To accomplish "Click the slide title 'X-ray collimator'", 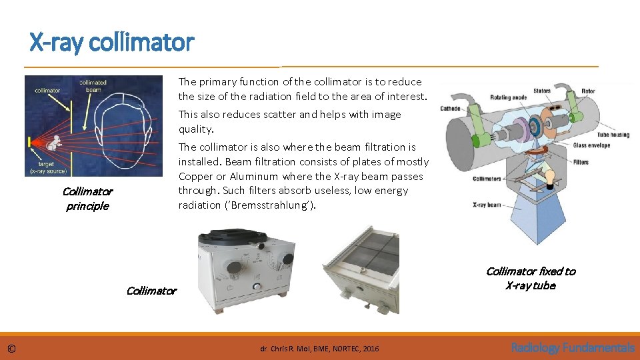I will click(111, 43).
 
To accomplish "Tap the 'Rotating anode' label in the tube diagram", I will click(509, 98).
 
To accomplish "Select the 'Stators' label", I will click(541, 91).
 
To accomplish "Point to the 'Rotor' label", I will click(588, 91).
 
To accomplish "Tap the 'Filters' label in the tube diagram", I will click(580, 162).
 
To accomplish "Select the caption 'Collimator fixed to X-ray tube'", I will click(530, 278).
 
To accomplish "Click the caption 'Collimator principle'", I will click(87, 199).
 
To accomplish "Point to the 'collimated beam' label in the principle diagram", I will click(93, 87).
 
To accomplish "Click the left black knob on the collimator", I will click(233, 268).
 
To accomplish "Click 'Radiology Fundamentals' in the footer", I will click(572, 347).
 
